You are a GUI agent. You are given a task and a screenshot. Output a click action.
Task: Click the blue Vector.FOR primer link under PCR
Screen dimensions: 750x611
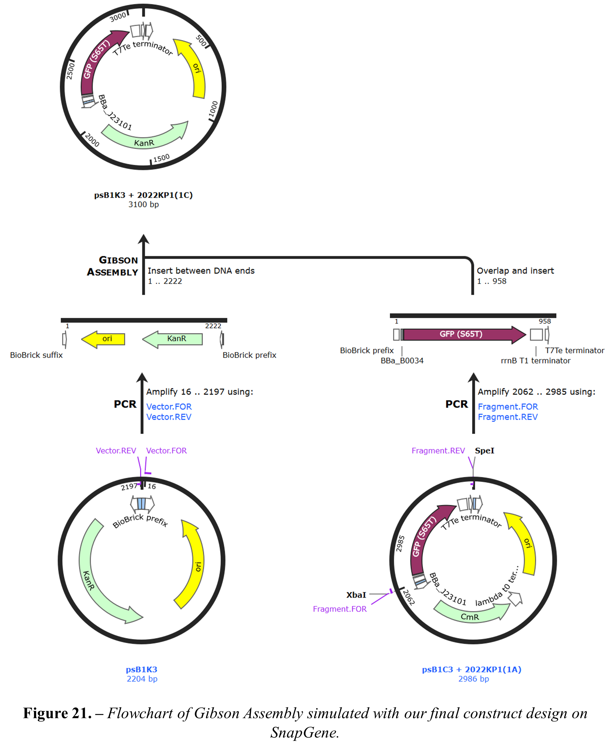pyautogui.click(x=169, y=407)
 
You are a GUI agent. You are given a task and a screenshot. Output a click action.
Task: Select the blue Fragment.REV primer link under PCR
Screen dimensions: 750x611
pyautogui.click(x=507, y=417)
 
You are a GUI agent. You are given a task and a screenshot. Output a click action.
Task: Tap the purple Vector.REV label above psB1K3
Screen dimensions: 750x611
pyautogui.click(x=116, y=451)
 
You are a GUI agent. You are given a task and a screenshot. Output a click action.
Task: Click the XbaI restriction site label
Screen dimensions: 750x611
pyautogui.click(x=356, y=595)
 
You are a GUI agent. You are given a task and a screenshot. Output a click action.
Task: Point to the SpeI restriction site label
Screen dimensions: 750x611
pyautogui.click(x=484, y=451)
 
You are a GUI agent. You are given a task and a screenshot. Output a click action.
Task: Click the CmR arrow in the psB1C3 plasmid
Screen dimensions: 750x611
pyautogui.click(x=470, y=616)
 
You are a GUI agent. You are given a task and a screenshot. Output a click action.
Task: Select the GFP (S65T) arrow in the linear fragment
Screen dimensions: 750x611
pyautogui.click(x=461, y=334)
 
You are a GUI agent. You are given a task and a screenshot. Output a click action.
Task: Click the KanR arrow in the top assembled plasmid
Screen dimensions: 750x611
pyautogui.click(x=144, y=141)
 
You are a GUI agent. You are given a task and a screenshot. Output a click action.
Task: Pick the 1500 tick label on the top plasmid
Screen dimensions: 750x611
pyautogui.click(x=161, y=158)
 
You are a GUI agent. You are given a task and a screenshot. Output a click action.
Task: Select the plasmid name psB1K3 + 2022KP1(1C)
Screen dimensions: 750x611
pyautogui.click(x=143, y=195)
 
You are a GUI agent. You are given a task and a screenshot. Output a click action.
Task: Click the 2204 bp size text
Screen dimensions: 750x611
pyautogui.click(x=142, y=678)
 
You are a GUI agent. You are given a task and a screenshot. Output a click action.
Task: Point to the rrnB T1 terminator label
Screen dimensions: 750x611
pyautogui.click(x=535, y=361)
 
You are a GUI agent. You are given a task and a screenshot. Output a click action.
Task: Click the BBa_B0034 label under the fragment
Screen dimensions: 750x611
pyautogui.click(x=402, y=361)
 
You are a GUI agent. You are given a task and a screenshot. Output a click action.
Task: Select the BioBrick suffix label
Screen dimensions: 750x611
pyautogui.click(x=36, y=355)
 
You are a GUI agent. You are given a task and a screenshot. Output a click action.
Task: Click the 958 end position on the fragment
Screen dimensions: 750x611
pyautogui.click(x=544, y=321)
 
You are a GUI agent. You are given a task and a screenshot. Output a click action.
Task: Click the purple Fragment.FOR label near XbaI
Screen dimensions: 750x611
pyautogui.click(x=340, y=609)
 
